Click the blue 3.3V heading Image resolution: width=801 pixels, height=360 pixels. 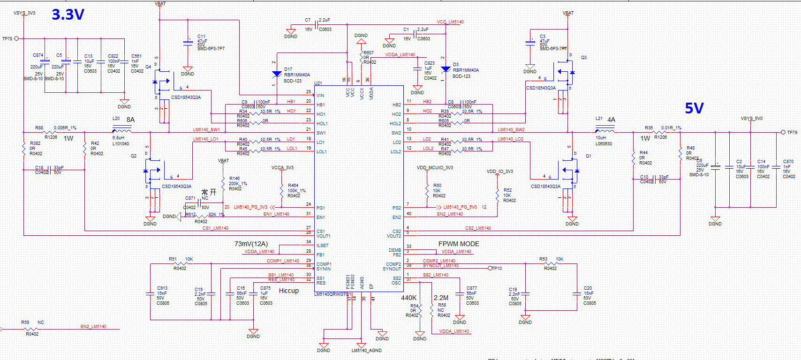click(x=68, y=15)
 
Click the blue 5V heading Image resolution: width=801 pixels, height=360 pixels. click(x=694, y=108)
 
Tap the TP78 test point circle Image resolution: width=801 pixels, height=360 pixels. click(x=16, y=38)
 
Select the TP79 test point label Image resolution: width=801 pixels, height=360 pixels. click(x=792, y=133)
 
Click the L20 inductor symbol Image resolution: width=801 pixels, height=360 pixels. click(x=122, y=131)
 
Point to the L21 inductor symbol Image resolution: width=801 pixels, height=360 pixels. click(x=605, y=131)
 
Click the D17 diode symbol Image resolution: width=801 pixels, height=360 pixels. click(x=277, y=74)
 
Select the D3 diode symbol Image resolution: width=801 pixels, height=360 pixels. click(x=446, y=69)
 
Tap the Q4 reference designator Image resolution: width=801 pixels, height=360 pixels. click(x=148, y=67)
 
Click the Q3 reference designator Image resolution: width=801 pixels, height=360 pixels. click(x=584, y=58)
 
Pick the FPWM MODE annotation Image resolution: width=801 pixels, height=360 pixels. click(x=459, y=244)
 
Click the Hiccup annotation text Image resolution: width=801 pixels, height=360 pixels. click(x=289, y=291)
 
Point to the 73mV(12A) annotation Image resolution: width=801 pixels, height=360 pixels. click(x=251, y=244)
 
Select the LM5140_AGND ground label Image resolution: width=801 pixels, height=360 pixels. click(x=367, y=351)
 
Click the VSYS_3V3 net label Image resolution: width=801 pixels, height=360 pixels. click(x=24, y=13)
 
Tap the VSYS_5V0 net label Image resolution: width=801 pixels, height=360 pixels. click(x=752, y=119)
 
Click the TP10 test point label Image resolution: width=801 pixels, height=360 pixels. click(x=497, y=269)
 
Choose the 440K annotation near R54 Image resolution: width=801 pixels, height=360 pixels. click(x=408, y=298)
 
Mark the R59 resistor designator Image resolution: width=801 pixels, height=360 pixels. click(x=25, y=322)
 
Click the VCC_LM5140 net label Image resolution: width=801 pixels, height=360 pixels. click(x=450, y=22)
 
